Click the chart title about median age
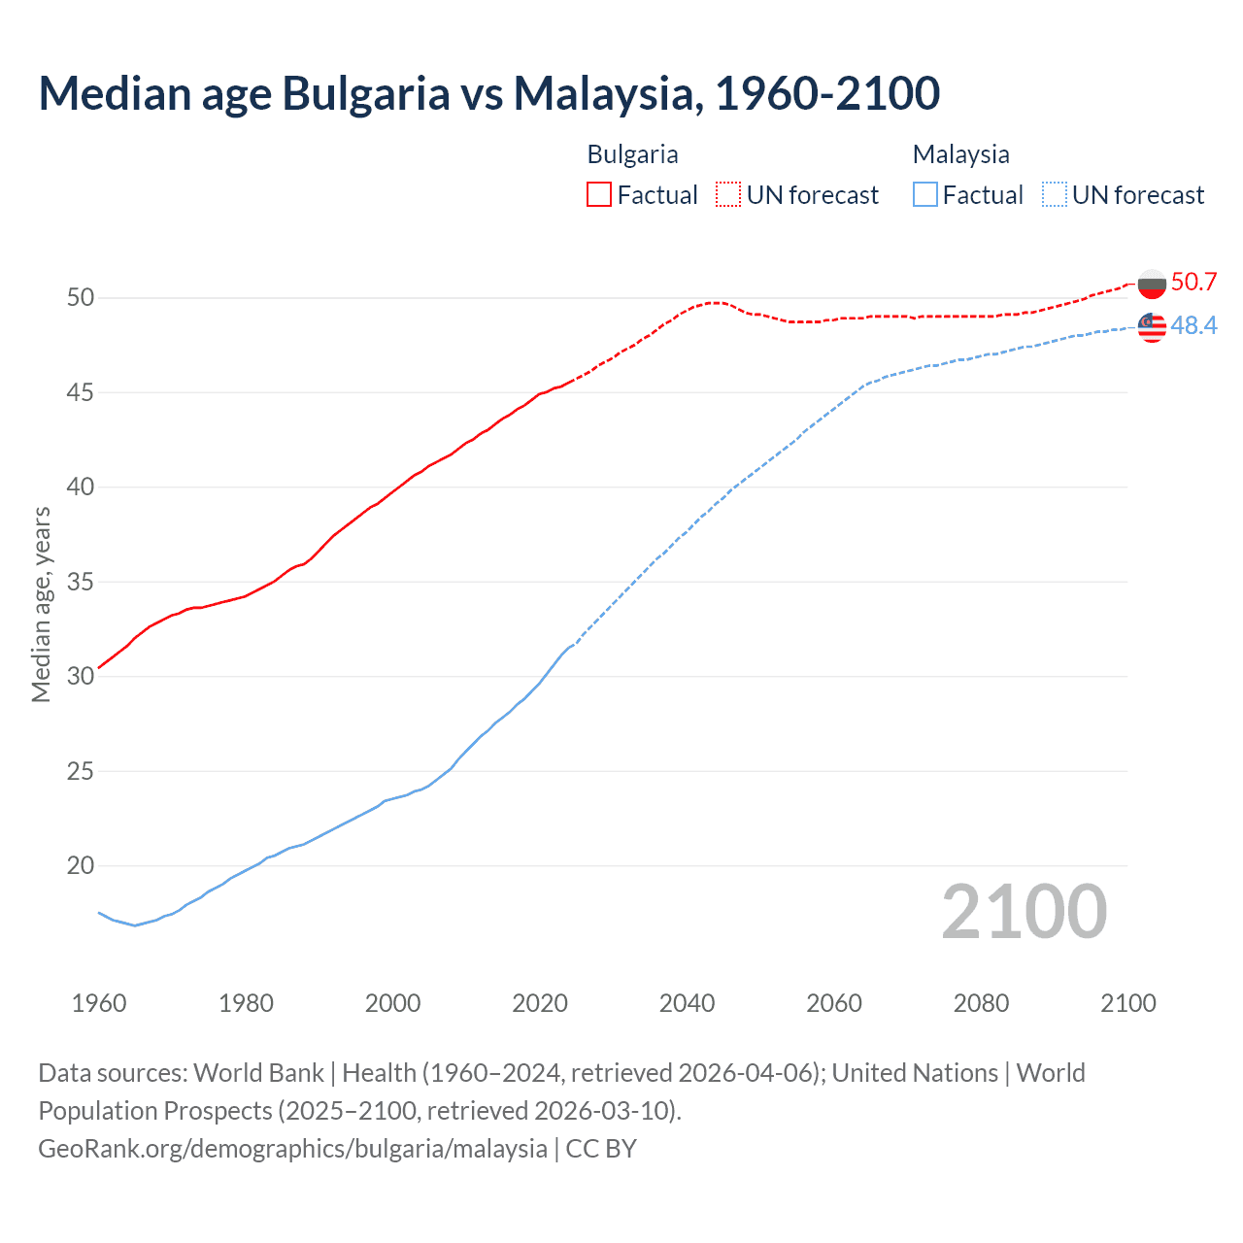488,93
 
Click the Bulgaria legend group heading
632,154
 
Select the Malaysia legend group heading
960,154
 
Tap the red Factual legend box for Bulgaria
599,194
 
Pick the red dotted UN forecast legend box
728,194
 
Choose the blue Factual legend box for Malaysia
925,194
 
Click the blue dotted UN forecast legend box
1055,194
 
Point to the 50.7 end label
1193,282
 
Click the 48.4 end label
1193,325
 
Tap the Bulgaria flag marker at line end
1152,285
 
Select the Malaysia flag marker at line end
1152,328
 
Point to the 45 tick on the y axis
81,392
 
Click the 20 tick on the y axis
81,865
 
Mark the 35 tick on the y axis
81,582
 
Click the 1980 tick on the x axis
246,1003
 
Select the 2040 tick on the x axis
687,1003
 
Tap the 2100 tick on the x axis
1127,1003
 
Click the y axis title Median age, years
41,604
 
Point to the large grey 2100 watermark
1024,911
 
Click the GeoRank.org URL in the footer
292,1148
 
